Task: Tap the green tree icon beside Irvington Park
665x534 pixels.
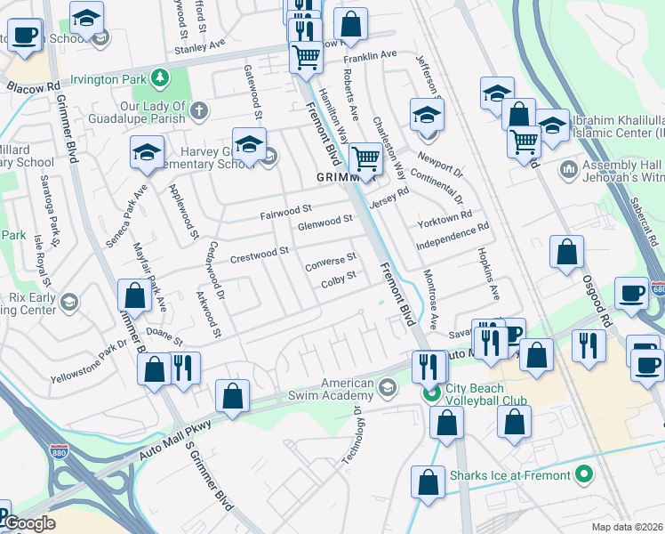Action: tap(159, 79)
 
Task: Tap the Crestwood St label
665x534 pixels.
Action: tap(260, 255)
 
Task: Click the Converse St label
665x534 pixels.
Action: tap(330, 261)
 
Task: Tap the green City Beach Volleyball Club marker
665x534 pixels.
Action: tap(432, 392)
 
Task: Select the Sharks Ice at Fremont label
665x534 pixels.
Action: tap(509, 475)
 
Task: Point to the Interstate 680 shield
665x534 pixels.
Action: tap(655, 289)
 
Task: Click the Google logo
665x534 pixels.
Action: tap(29, 523)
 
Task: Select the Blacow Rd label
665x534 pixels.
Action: tap(32, 88)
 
